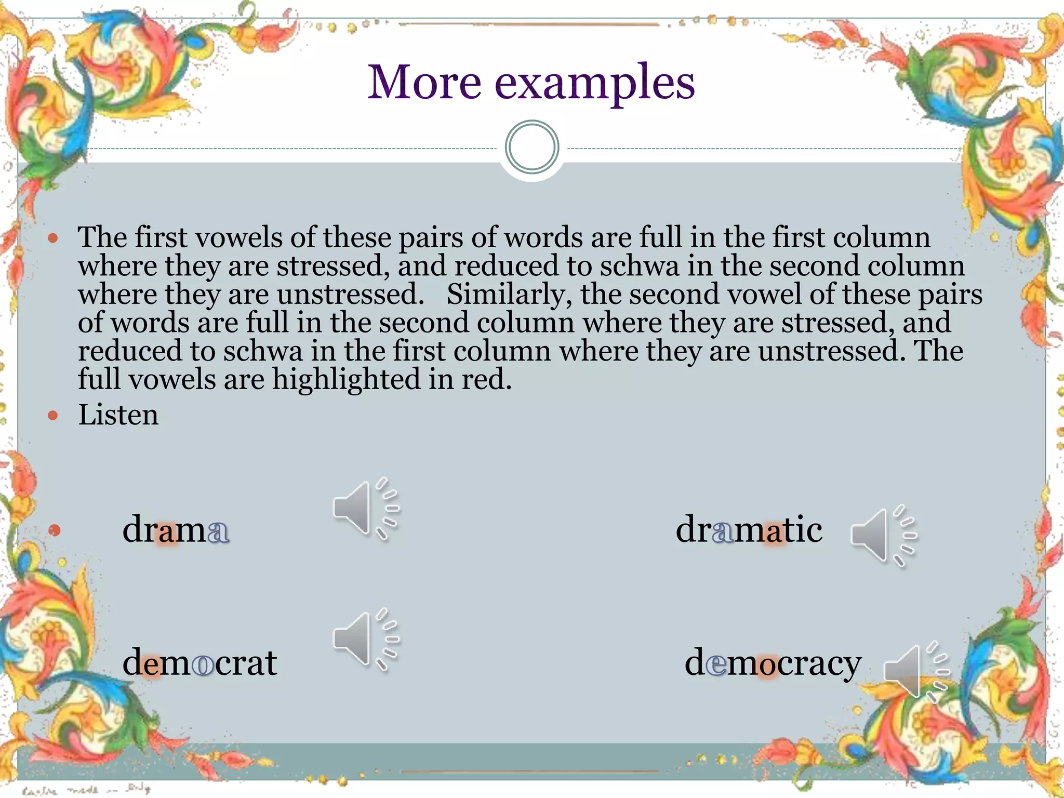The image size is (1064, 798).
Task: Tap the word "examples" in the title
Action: pyautogui.click(x=595, y=84)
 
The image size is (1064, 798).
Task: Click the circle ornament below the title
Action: pyautogui.click(x=531, y=147)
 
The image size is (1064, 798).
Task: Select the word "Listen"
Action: pyautogui.click(x=118, y=415)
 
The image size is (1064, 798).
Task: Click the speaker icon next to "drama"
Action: pyautogui.click(x=364, y=508)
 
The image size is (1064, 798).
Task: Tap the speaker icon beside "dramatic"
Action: pyautogui.click(x=881, y=535)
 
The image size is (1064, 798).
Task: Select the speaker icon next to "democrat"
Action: pyautogui.click(x=364, y=639)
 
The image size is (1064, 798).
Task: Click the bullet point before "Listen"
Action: pyautogui.click(x=52, y=415)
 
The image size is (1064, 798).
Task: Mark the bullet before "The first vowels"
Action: pyautogui.click(x=52, y=238)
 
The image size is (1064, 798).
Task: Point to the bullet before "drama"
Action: pyautogui.click(x=55, y=530)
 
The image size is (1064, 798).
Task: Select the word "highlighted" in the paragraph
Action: pyautogui.click(x=345, y=379)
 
